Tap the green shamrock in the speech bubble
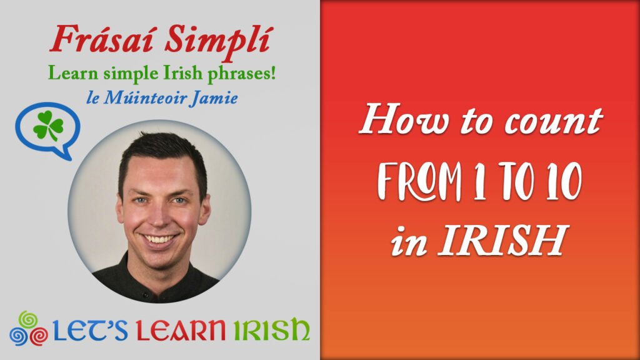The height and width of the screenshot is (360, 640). [48, 126]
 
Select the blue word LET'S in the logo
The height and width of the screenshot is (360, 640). [91, 330]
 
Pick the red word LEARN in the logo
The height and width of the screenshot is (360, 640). [181, 330]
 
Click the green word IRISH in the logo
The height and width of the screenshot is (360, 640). [271, 330]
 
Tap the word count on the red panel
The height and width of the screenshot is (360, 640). [554, 121]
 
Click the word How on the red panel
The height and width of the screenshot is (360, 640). [404, 119]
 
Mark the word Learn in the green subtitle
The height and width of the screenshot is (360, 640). [73, 73]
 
